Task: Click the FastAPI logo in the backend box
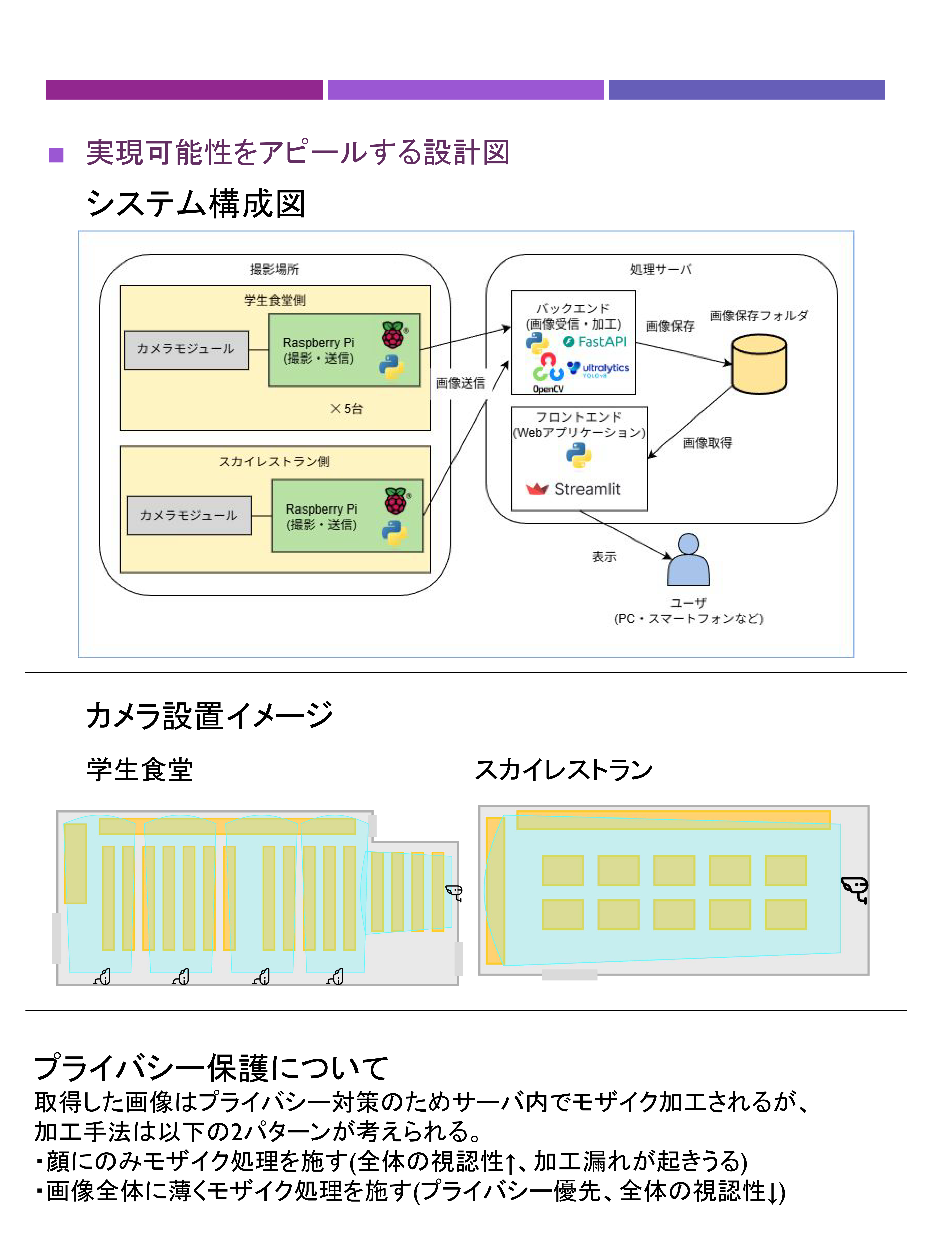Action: coord(594,342)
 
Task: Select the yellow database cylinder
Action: coord(759,364)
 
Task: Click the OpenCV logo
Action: coord(548,373)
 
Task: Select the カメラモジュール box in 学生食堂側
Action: coord(186,350)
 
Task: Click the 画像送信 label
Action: coord(461,383)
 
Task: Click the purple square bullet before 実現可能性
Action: coord(56,155)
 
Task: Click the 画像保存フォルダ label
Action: coord(758,316)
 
